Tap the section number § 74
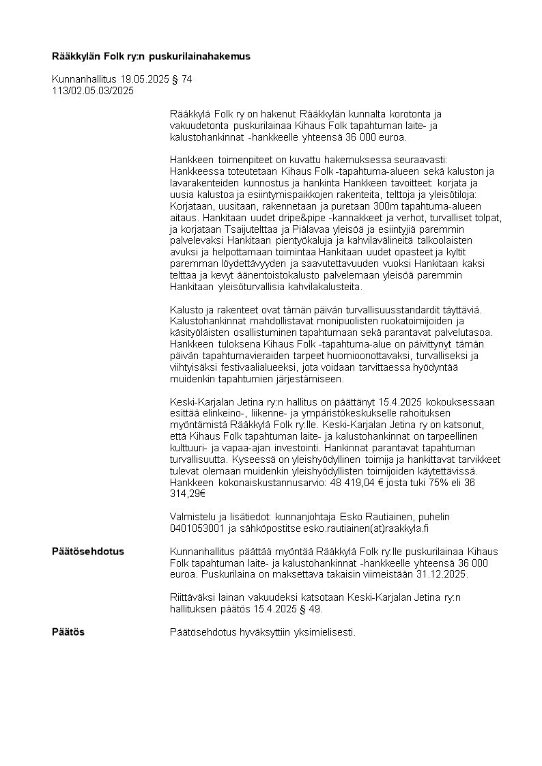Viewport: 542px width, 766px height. coord(182,79)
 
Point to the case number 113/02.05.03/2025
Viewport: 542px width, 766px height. coord(93,90)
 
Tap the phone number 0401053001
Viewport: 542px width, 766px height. coord(197,528)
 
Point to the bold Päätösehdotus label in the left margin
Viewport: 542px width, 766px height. coord(88,552)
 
